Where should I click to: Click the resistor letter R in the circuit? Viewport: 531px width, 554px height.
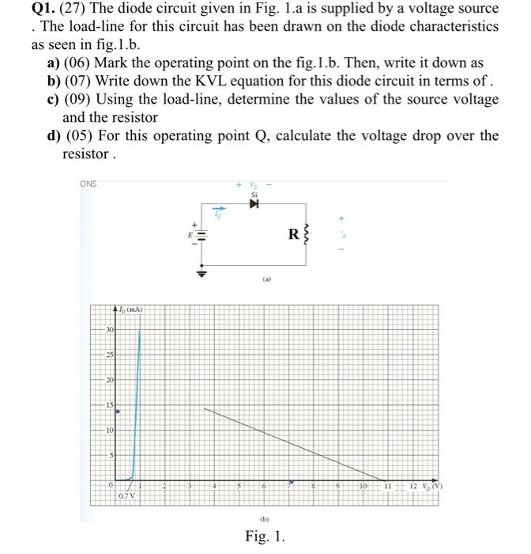(292, 234)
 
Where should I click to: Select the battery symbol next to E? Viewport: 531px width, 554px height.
(201, 235)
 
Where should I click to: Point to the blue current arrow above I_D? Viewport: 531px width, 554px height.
(214, 211)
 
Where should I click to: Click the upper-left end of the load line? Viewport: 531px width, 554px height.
(205, 408)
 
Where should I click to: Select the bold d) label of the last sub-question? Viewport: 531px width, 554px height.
(54, 135)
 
